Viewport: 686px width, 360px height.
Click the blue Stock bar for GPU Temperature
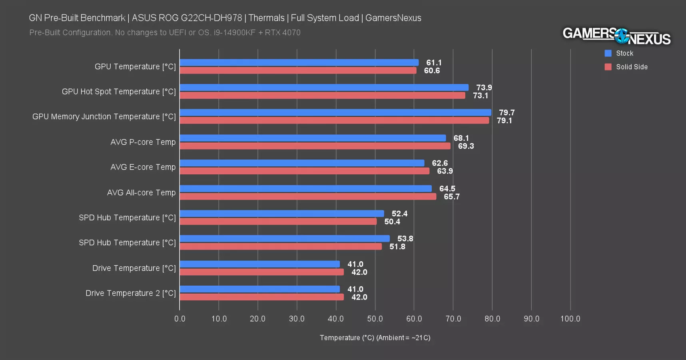click(x=299, y=63)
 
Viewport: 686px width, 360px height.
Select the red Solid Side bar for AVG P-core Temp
click(x=315, y=146)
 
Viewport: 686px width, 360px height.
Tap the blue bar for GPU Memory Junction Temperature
click(x=335, y=113)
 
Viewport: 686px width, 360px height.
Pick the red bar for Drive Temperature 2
click(x=261, y=297)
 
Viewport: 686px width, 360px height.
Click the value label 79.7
click(x=507, y=113)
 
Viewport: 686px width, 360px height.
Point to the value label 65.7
click(x=451, y=197)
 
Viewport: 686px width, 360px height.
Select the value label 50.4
click(x=392, y=222)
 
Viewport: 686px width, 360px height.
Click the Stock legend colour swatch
click(x=608, y=53)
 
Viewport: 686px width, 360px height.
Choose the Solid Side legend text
click(x=632, y=67)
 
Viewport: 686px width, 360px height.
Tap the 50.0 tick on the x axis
click(x=375, y=319)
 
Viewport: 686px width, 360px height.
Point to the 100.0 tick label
click(x=570, y=319)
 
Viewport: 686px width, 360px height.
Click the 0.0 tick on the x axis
click(x=180, y=319)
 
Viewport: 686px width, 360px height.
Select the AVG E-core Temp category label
click(x=143, y=167)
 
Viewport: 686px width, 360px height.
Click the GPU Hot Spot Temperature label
click(x=119, y=92)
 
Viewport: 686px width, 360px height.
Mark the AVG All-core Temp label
click(x=141, y=193)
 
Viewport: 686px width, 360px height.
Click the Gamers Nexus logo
click(x=616, y=36)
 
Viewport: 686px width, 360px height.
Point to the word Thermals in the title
click(x=266, y=18)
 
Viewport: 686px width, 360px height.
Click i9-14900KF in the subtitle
click(x=234, y=32)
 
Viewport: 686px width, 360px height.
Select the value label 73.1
click(x=480, y=96)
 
